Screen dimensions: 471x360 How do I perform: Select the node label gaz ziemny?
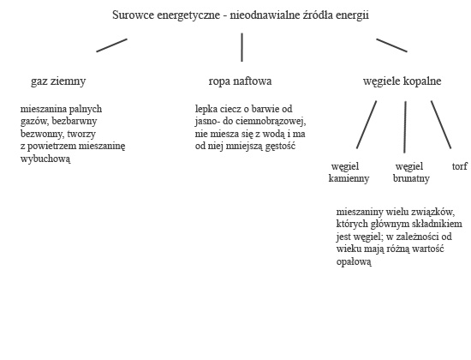58,81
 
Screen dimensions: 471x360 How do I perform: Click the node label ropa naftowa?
240,81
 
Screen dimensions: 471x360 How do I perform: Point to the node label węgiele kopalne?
402,81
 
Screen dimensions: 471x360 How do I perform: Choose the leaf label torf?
460,166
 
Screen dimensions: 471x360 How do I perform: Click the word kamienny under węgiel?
349,178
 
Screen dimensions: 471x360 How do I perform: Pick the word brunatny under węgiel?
411,178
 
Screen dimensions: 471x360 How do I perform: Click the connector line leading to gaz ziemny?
111,45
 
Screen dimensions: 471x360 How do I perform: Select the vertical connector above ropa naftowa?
241,47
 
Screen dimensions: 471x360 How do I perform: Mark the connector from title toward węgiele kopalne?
391,45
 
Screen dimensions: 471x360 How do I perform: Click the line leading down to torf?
441,124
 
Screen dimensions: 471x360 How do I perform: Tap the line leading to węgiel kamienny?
367,124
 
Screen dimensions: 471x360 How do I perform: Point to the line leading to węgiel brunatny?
405,127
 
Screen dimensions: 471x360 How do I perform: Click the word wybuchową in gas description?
45,159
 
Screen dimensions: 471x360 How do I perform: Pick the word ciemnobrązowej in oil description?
271,121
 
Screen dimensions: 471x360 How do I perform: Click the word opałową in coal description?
354,261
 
